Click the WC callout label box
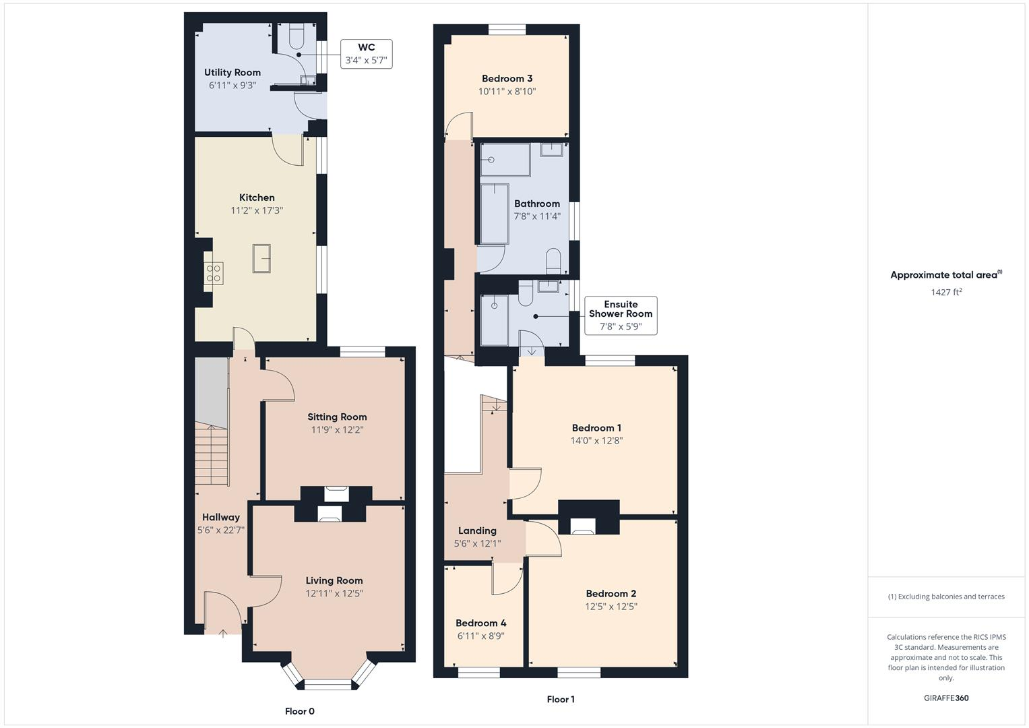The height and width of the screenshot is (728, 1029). click(x=366, y=53)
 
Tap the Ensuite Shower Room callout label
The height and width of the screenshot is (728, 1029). click(x=620, y=315)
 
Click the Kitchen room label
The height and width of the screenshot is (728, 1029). click(x=257, y=198)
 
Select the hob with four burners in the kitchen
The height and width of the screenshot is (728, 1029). click(x=214, y=273)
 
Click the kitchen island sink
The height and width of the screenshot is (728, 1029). click(x=261, y=259)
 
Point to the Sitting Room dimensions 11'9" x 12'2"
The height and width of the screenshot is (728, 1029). click(x=337, y=429)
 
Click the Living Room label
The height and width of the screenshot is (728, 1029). click(x=334, y=580)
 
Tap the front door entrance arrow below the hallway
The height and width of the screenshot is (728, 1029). click(x=223, y=633)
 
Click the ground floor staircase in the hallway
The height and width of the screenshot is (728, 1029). click(x=212, y=455)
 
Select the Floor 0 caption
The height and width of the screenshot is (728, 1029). click(x=299, y=711)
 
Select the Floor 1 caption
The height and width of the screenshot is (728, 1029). click(x=561, y=700)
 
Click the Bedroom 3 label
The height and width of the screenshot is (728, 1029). click(x=507, y=78)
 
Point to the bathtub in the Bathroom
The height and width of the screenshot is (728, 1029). click(x=495, y=213)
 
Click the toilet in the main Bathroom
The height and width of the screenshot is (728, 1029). click(x=553, y=262)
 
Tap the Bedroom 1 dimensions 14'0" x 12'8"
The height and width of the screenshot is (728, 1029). click(x=596, y=441)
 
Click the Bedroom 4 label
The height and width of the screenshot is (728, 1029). click(x=480, y=623)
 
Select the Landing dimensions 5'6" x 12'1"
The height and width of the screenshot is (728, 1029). click(x=477, y=543)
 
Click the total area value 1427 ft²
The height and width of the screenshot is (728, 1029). click(x=946, y=292)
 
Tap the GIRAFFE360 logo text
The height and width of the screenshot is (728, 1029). click(x=946, y=698)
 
